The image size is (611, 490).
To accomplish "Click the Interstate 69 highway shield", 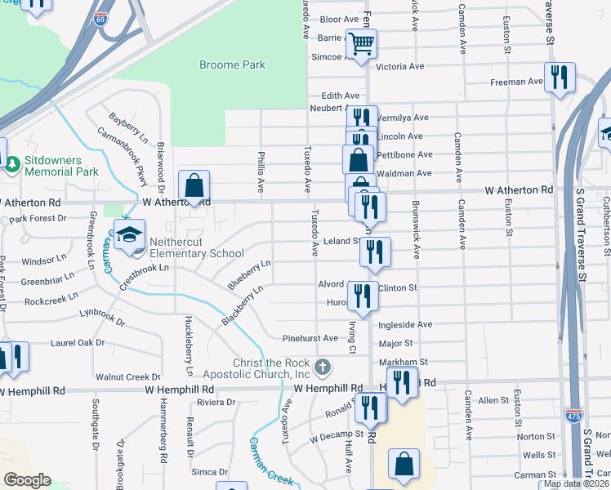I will pyautogui.click(x=100, y=19).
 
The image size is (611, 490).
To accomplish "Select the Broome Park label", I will pyautogui.click(x=233, y=65).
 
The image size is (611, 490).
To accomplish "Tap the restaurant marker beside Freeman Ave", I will pyautogui.click(x=560, y=78).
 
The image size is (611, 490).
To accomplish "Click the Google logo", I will pyautogui.click(x=26, y=479).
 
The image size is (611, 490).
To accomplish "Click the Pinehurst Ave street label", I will pyautogui.click(x=310, y=338).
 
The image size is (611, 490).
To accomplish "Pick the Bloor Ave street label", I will pyautogui.click(x=339, y=19).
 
